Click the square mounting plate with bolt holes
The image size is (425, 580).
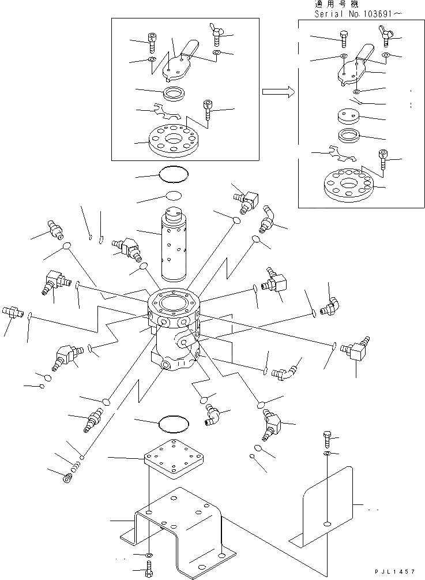pos(172,458)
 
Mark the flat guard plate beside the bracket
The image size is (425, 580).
pos(326,508)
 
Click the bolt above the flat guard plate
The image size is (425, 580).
pos(327,439)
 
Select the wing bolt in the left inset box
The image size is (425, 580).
pos(217,36)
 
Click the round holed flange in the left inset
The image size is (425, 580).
pos(172,141)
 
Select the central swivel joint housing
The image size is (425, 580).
pos(173,329)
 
